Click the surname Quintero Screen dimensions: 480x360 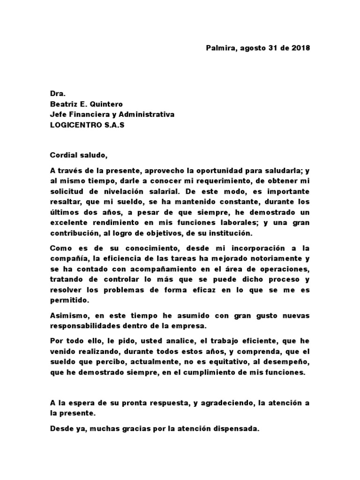pyautogui.click(x=110, y=104)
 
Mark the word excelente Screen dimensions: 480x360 pyautogui.click(x=69, y=222)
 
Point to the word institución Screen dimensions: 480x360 pyautogui.click(x=231, y=232)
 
